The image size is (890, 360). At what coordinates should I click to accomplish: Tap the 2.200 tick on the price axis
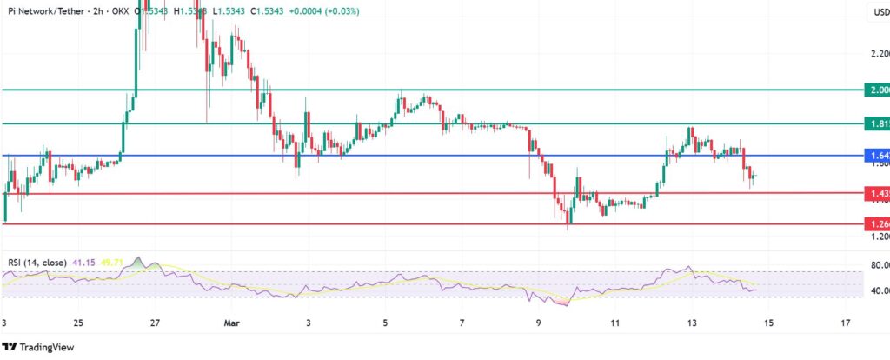[877, 53]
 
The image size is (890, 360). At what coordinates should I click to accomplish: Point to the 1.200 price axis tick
[877, 237]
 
